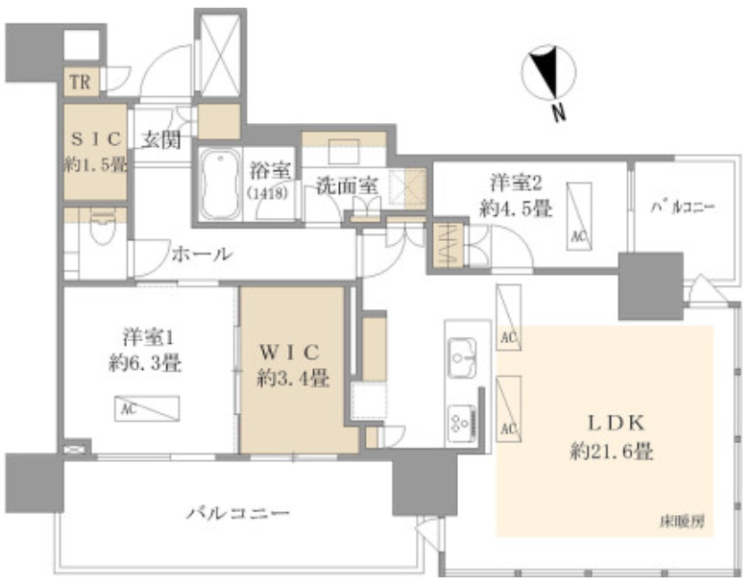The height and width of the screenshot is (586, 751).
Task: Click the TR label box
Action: (x=81, y=82)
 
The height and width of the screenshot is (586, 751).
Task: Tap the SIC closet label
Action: (x=96, y=139)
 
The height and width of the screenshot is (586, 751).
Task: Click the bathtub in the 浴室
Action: (x=220, y=184)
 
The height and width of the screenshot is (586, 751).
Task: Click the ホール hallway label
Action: (x=202, y=255)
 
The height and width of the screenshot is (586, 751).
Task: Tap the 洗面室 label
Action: (x=348, y=185)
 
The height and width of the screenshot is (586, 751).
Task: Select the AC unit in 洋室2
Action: (x=578, y=216)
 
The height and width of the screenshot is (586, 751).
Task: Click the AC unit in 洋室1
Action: (x=147, y=408)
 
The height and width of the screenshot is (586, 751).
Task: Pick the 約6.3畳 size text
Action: (x=145, y=364)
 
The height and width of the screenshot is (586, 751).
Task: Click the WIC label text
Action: (x=289, y=354)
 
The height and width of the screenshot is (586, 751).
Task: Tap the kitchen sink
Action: (x=462, y=357)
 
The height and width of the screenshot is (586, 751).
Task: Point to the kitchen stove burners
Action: (x=461, y=424)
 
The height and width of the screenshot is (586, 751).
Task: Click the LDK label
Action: (x=616, y=423)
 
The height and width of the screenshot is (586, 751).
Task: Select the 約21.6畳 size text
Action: (x=612, y=451)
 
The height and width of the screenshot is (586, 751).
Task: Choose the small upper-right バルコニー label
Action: (x=682, y=207)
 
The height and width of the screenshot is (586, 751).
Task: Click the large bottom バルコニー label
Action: (x=238, y=514)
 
